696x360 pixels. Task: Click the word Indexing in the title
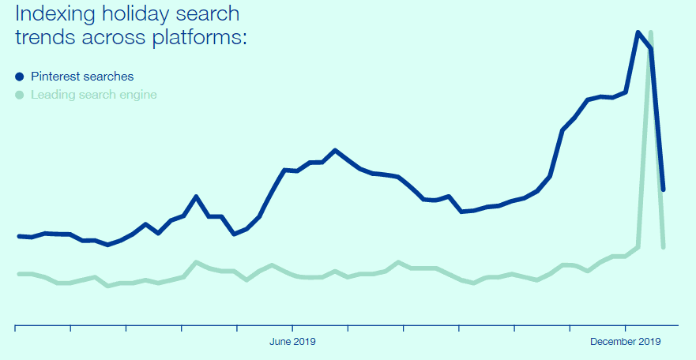tap(52, 15)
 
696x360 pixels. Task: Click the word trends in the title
tap(45, 36)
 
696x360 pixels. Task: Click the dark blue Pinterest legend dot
tap(20, 77)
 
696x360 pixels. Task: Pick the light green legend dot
tap(20, 95)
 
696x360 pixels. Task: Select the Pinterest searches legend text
tap(82, 77)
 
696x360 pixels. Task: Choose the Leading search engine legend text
tap(93, 95)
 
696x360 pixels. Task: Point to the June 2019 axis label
tap(292, 342)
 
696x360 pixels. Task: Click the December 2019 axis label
tap(625, 342)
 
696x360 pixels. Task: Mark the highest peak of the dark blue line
tap(638, 32)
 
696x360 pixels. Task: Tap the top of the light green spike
tap(650, 32)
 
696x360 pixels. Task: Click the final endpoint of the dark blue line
tap(664, 189)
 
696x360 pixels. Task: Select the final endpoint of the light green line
tap(664, 247)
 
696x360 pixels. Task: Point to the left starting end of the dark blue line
tap(19, 236)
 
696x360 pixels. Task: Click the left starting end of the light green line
tap(19, 274)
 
